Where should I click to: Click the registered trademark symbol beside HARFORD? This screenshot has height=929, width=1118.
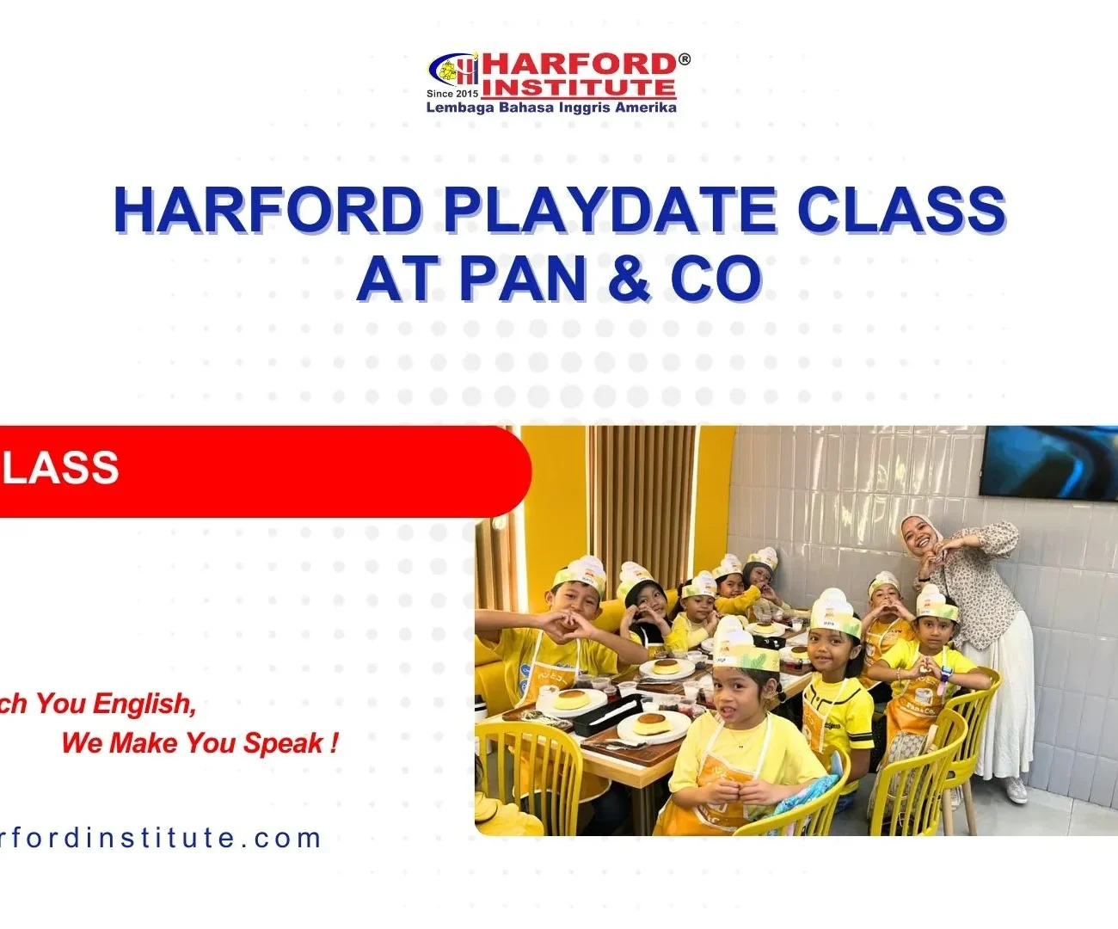point(685,59)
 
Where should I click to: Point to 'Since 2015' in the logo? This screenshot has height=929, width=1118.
point(452,93)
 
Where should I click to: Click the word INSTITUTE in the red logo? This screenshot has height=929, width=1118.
point(579,88)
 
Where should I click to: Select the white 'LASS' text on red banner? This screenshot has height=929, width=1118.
point(60,469)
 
